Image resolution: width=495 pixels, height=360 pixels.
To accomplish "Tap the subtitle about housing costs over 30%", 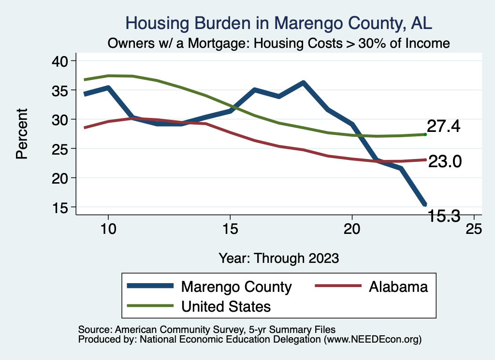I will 279,43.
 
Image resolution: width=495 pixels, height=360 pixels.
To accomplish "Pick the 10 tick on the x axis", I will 108,229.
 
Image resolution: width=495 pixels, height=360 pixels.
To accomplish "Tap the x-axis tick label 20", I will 352,229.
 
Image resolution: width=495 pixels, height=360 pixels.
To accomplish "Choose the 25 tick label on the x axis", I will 474,229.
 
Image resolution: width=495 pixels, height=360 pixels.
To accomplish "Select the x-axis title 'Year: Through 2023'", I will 279,258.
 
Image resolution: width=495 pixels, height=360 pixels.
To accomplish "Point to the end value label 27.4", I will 443,127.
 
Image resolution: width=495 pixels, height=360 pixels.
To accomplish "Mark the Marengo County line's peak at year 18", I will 303,83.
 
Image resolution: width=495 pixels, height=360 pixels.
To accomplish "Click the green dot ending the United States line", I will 425,134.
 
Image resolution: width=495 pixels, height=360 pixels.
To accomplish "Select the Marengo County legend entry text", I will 236,287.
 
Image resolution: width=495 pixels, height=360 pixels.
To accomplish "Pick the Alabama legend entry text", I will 398,287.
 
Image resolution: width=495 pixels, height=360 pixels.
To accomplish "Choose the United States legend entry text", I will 226,306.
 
